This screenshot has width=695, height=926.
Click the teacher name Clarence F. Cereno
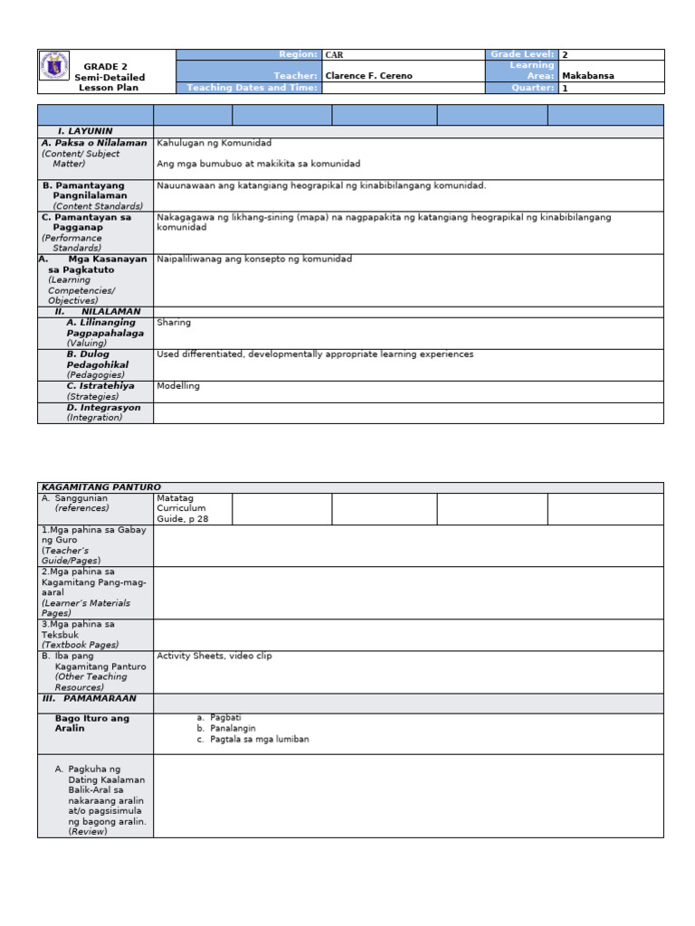pos(368,76)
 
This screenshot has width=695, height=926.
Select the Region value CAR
pos(334,55)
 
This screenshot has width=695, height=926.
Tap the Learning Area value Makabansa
pos(587,76)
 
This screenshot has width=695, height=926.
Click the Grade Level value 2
pos(565,55)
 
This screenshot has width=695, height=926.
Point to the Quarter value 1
pos(565,88)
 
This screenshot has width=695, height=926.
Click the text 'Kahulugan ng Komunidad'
pos(214,143)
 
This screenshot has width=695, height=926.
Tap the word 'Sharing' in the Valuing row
pos(174,322)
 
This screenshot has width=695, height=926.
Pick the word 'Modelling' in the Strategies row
pos(178,386)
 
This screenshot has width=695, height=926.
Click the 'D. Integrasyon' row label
pos(103,408)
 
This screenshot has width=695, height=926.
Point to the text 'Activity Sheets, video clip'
pos(214,657)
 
